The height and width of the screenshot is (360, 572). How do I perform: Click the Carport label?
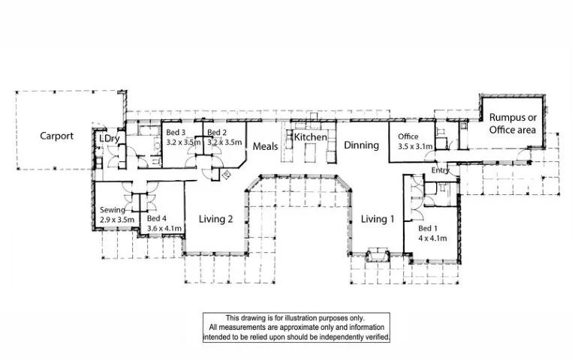click(x=57, y=136)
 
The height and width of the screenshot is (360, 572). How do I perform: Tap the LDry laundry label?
click(x=110, y=139)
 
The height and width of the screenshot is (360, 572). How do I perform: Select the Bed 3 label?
click(x=175, y=133)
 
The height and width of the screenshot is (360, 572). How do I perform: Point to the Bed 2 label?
click(x=217, y=133)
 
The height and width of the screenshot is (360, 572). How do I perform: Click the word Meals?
click(x=265, y=146)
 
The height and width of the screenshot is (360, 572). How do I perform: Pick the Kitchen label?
click(x=310, y=137)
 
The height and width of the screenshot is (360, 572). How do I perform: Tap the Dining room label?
click(x=361, y=145)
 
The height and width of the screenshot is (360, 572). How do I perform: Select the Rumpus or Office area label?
click(x=512, y=124)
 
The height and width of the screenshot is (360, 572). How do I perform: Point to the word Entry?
click(x=441, y=172)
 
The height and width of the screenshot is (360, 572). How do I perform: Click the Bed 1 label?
click(x=426, y=228)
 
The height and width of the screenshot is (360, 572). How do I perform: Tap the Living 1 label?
click(x=378, y=219)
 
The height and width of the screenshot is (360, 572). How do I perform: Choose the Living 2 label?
click(x=216, y=219)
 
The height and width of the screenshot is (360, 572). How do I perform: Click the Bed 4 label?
click(x=156, y=218)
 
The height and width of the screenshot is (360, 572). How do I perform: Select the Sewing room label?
click(x=113, y=210)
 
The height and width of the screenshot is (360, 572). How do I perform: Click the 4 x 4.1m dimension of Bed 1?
click(x=432, y=238)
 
